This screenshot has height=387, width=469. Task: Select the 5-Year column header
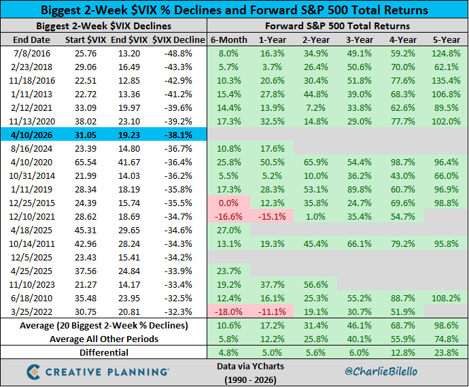click(x=445, y=40)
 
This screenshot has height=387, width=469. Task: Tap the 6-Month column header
click(x=228, y=40)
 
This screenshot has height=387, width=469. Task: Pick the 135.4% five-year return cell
click(x=445, y=80)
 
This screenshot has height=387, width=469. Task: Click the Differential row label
click(x=103, y=352)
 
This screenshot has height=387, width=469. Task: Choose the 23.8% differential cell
click(x=445, y=352)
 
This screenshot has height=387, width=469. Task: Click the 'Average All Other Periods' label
click(x=103, y=338)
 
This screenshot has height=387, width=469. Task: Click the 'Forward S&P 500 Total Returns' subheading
click(x=336, y=26)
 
